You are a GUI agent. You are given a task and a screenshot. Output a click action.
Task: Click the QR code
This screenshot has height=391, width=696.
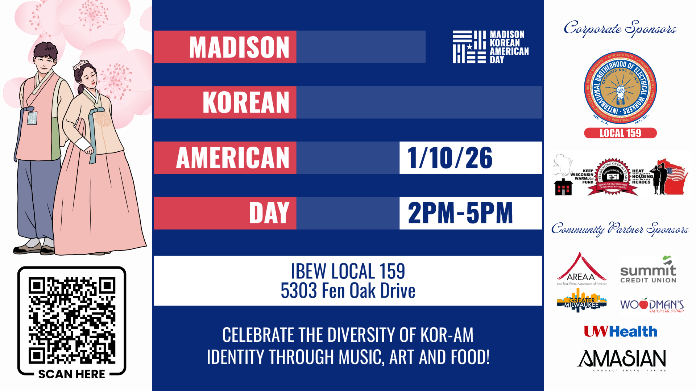pyautogui.click(x=72, y=320)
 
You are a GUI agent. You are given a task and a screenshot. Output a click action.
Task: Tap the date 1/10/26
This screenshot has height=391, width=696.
pyautogui.click(x=450, y=158)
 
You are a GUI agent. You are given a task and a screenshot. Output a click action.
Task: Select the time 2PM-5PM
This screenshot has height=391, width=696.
pyautogui.click(x=460, y=213)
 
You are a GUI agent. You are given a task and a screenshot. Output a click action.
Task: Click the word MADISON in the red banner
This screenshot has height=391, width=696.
pyautogui.click(x=239, y=47)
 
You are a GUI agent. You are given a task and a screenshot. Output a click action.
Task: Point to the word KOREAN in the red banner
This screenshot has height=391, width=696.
pyautogui.click(x=246, y=102)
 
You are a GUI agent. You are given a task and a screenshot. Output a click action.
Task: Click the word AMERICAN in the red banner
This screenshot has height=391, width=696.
pyautogui.click(x=233, y=158)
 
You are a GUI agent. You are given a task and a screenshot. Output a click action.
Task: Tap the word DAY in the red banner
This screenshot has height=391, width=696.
pyautogui.click(x=269, y=213)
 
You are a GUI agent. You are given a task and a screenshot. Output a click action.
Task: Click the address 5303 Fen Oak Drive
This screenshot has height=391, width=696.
pyautogui.click(x=348, y=291)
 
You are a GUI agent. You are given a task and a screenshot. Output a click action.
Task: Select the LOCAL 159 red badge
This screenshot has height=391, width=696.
pyautogui.click(x=620, y=133)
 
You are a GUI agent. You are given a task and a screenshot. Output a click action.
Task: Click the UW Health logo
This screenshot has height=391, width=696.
pyautogui.click(x=620, y=331)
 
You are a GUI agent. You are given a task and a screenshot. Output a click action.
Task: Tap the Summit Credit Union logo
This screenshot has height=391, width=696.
pyautogui.click(x=648, y=270)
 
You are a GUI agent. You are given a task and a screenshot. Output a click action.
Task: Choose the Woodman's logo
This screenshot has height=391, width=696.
pyautogui.click(x=652, y=305)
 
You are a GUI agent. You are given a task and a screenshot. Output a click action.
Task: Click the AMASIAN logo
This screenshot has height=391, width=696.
pyautogui.click(x=622, y=360)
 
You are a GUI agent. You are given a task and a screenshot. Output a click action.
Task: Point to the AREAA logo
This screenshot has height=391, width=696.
pyautogui.click(x=581, y=269)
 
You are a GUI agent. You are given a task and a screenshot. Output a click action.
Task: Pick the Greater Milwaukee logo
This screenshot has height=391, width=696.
pyautogui.click(x=581, y=301)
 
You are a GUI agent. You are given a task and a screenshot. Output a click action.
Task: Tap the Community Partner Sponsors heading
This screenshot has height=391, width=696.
pyautogui.click(x=620, y=229)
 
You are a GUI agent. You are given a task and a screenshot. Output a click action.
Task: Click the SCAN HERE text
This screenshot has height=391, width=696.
pyautogui.click(x=71, y=374)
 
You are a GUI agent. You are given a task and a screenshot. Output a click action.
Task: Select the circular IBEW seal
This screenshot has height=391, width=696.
pyautogui.click(x=620, y=88)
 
